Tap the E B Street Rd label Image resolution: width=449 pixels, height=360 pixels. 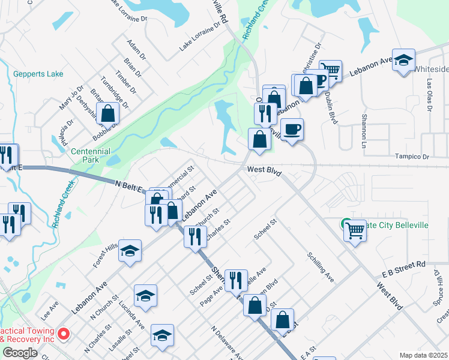tap(403, 268)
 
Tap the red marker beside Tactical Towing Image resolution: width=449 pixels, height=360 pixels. tap(65, 334)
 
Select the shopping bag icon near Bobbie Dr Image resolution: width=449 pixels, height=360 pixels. tap(108, 112)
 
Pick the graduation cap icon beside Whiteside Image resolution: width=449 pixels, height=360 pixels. tap(404, 59)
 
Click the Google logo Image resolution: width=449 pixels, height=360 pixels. tap(20, 353)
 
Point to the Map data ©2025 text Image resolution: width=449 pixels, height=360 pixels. tap(423, 355)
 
